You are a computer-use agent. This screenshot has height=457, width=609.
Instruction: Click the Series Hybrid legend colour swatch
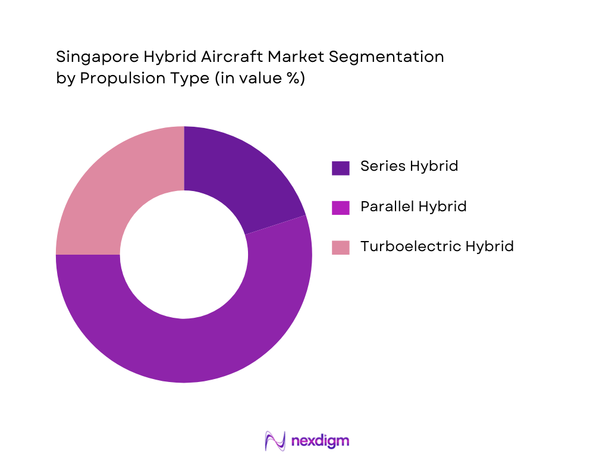pos(340,168)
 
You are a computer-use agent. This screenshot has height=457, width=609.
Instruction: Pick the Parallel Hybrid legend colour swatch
pos(340,208)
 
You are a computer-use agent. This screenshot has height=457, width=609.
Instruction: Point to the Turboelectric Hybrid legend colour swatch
pos(340,247)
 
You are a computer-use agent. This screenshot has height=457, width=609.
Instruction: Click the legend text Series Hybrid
pos(409,166)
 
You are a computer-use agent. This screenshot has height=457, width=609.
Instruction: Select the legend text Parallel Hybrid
pos(413,206)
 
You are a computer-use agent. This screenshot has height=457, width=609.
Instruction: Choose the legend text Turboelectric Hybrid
pos(437,246)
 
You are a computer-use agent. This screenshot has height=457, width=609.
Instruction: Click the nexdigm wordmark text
pos(320,441)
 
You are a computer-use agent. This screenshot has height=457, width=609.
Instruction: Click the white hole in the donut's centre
pos(184,255)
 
